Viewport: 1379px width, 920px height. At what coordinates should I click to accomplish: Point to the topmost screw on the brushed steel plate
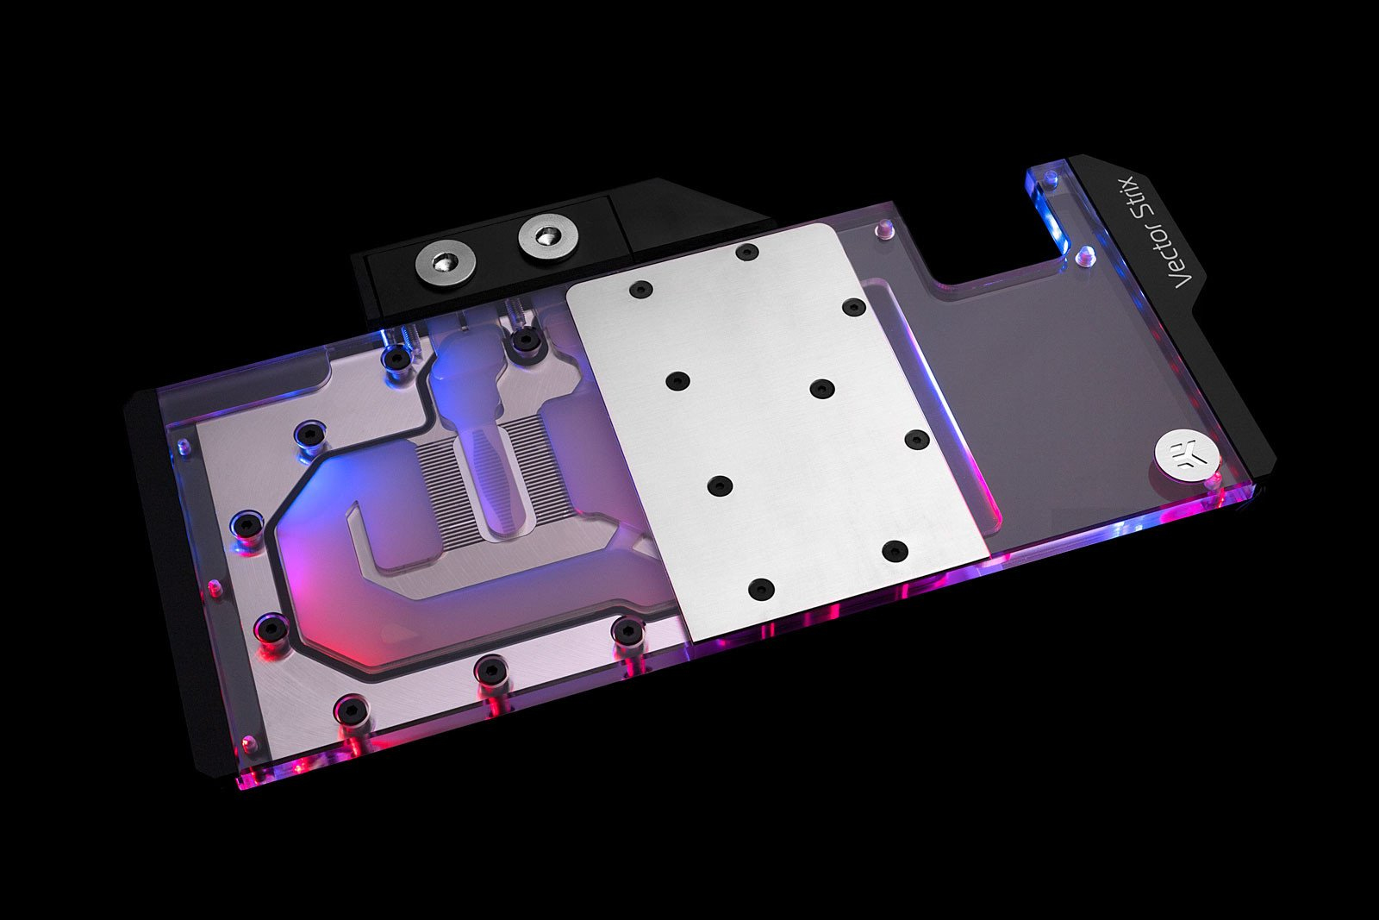[746, 252]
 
